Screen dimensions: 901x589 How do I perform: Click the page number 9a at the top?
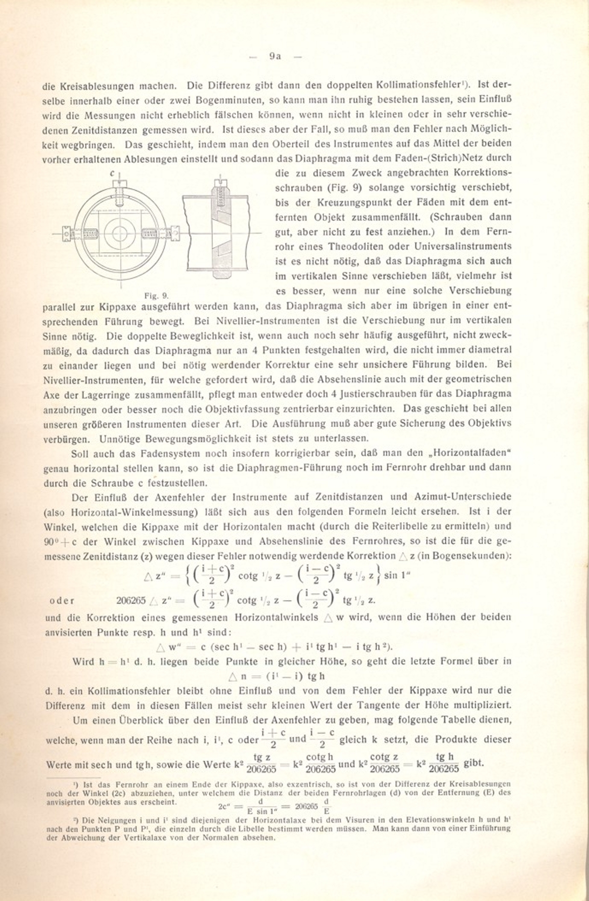click(x=275, y=56)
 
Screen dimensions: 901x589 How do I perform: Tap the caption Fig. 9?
click(x=156, y=295)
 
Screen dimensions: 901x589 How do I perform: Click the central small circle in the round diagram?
click(x=120, y=233)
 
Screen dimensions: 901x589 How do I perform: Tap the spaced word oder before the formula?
click(x=62, y=601)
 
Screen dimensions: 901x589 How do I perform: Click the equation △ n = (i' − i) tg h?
click(x=277, y=676)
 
